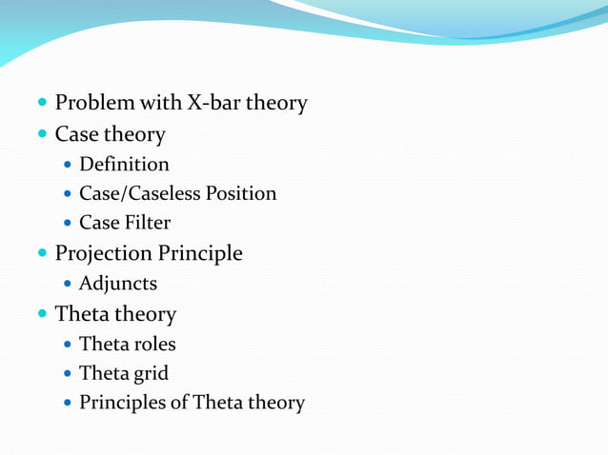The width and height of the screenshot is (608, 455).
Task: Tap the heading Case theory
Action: coord(110,134)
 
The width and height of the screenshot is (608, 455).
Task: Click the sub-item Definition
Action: coord(124,165)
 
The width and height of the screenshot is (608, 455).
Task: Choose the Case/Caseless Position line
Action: coord(177,194)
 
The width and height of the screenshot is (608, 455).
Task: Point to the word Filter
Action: coord(146,224)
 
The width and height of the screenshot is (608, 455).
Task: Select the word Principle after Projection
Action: coord(200,253)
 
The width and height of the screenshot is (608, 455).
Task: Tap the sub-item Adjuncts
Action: coord(118,284)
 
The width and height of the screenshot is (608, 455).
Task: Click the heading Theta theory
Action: coord(115,313)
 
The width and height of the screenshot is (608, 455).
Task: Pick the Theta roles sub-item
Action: coord(127,344)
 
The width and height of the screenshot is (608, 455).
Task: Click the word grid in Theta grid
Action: coord(151,374)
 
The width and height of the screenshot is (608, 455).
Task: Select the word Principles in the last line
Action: coord(121,403)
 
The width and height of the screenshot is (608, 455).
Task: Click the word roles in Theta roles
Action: coord(154,344)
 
